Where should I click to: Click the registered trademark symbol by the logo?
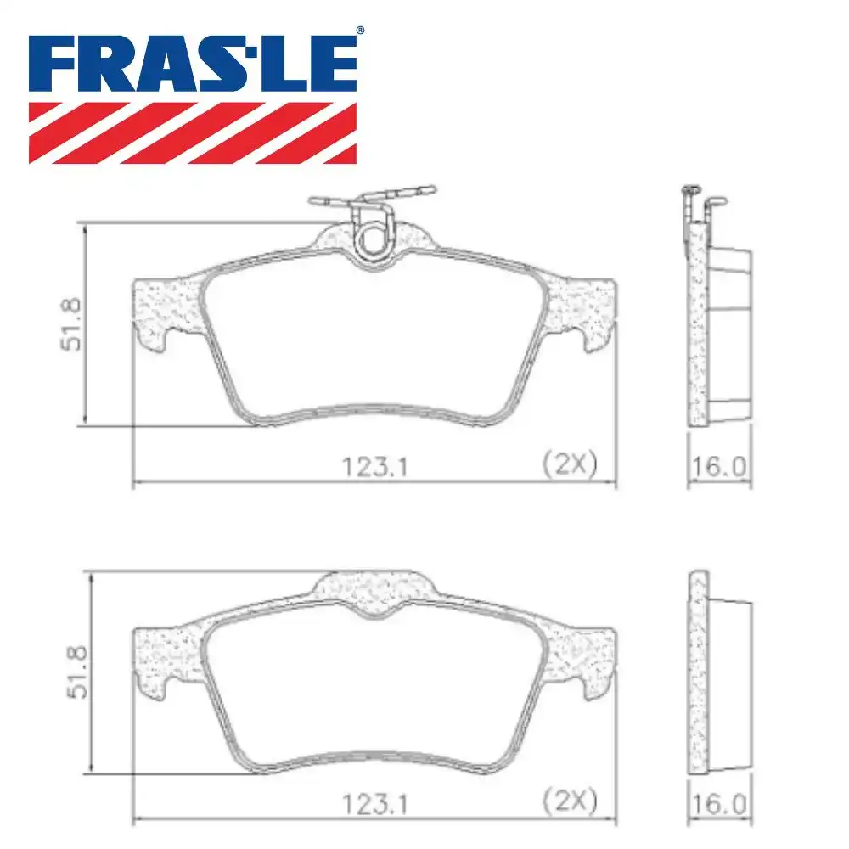coord(359,31)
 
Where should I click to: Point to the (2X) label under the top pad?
coord(569,464)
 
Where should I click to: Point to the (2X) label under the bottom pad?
coord(569,799)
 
